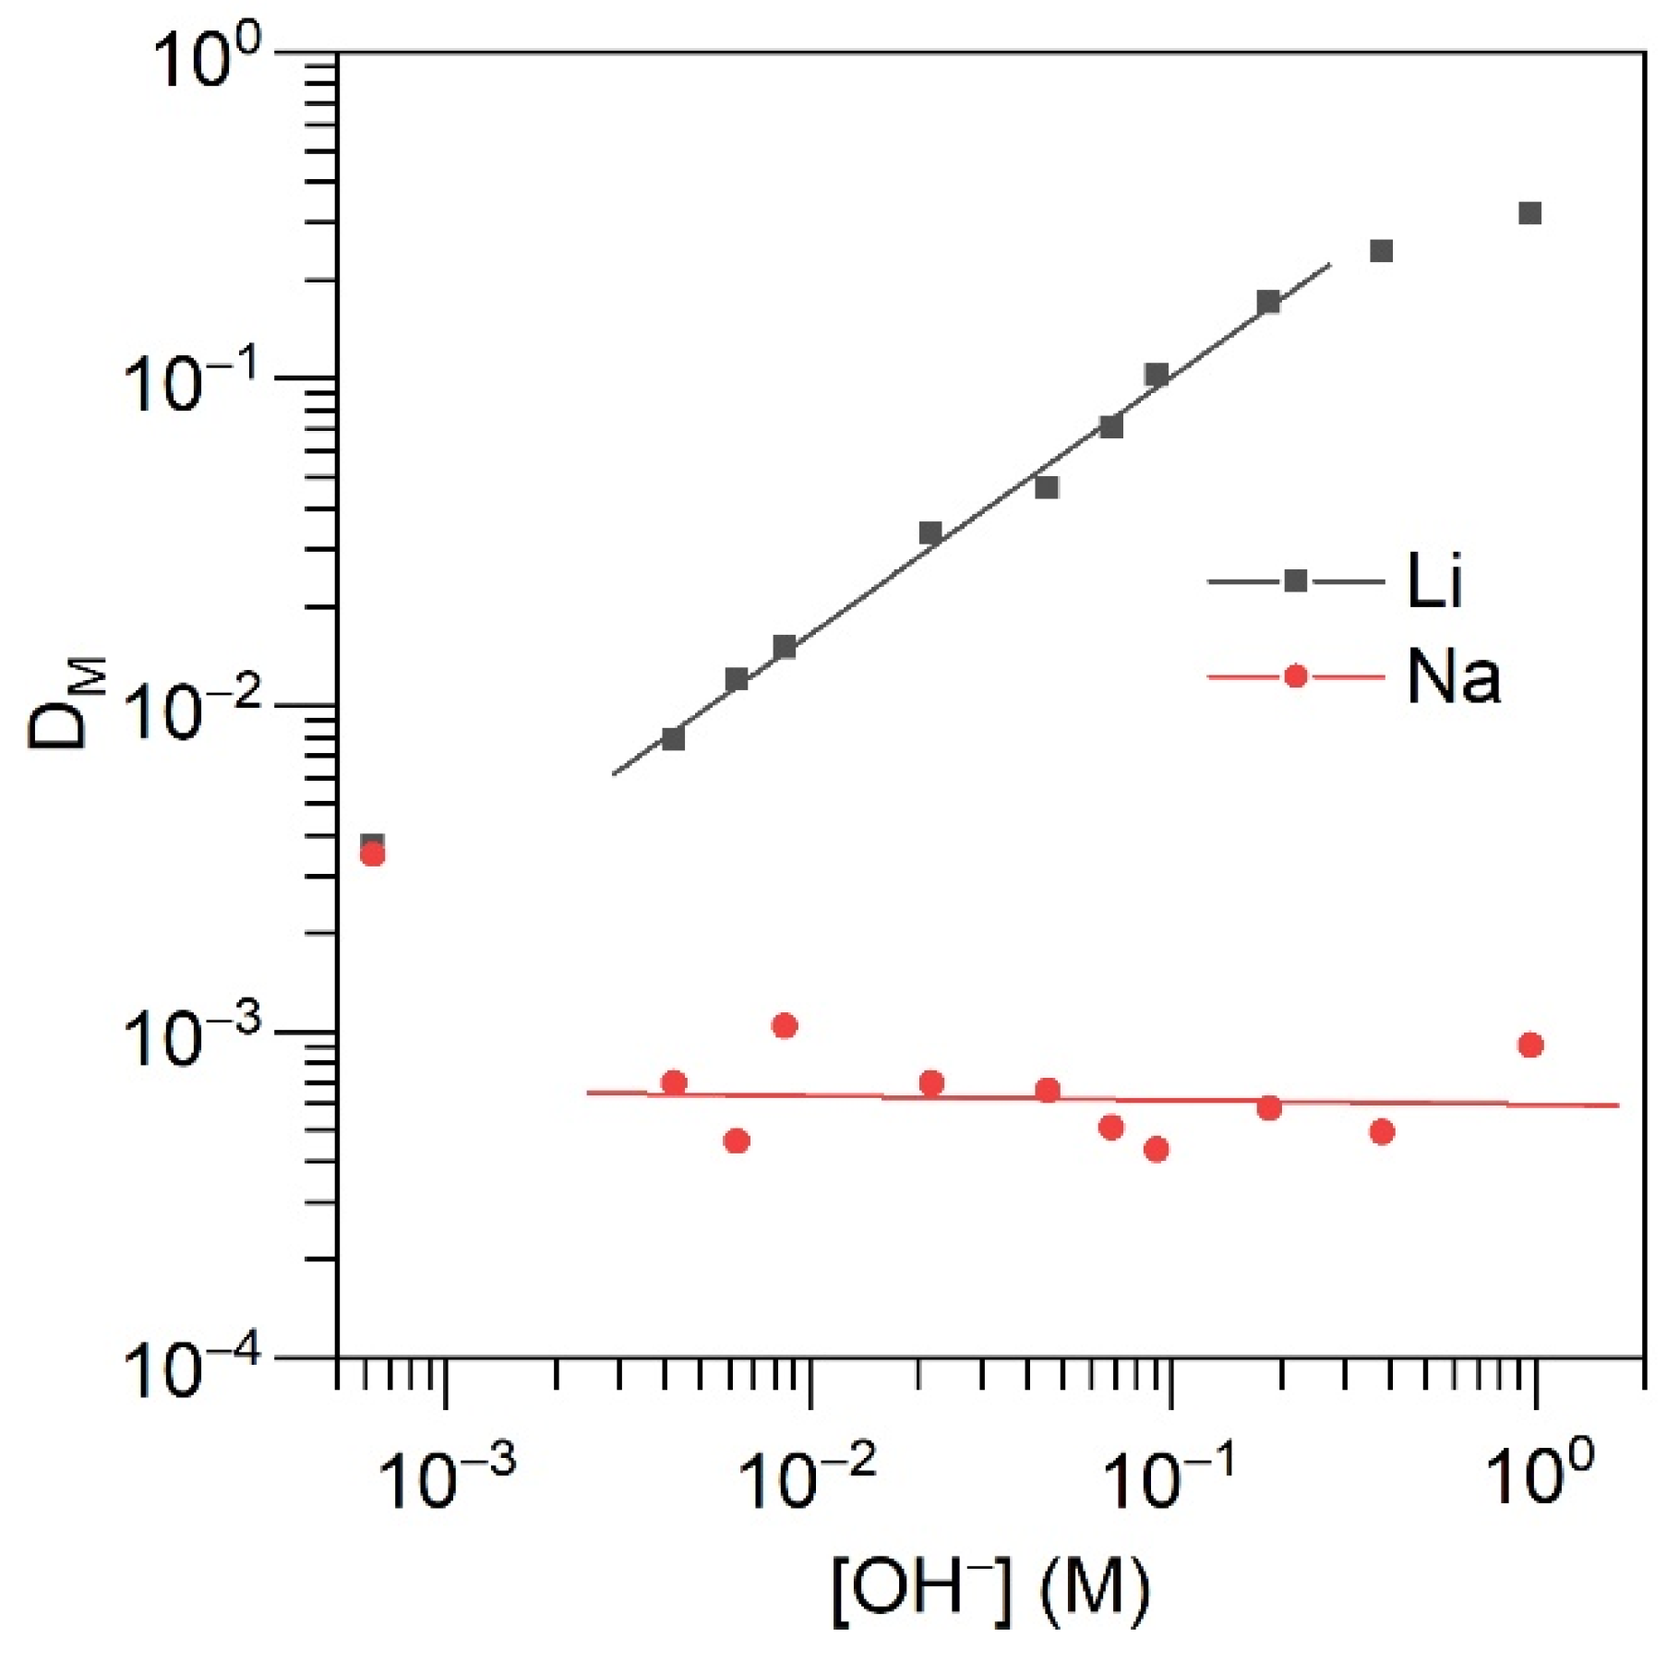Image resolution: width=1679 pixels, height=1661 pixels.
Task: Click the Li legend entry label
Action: [1434, 581]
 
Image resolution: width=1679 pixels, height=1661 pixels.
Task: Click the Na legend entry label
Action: [1453, 677]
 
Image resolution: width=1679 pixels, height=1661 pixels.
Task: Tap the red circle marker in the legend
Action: [1295, 676]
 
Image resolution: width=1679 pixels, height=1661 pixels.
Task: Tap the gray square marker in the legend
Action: [1295, 580]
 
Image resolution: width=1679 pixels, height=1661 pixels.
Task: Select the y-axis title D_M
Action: [66, 703]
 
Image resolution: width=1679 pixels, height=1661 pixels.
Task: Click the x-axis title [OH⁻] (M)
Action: [990, 1591]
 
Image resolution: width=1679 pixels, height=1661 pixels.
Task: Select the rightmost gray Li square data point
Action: [1529, 214]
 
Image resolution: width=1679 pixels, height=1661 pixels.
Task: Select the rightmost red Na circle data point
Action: [1530, 1045]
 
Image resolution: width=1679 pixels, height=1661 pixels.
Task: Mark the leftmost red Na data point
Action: [372, 854]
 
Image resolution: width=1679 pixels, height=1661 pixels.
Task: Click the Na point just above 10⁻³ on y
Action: [785, 1025]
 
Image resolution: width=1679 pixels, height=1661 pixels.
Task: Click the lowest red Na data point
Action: [1156, 1149]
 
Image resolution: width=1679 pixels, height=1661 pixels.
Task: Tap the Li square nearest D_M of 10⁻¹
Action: [1156, 374]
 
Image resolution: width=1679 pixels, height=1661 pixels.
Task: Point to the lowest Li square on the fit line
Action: [673, 739]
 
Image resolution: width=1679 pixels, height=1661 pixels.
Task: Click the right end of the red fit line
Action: [1617, 1105]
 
